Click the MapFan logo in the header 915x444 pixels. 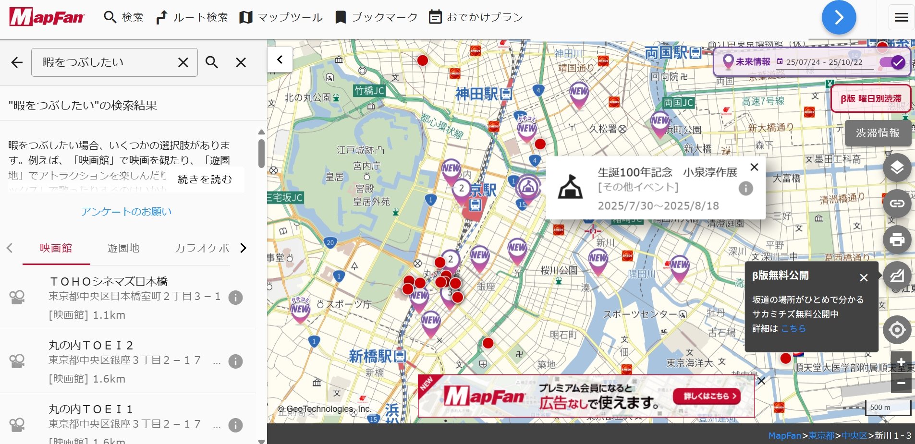click(x=47, y=17)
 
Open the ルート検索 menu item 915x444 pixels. click(x=192, y=17)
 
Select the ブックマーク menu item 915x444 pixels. click(x=377, y=17)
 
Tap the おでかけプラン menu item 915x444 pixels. click(x=476, y=17)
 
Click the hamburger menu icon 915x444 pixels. click(x=901, y=17)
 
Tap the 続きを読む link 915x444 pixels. click(x=205, y=180)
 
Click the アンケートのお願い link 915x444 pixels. click(x=126, y=212)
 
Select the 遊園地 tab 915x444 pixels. click(x=123, y=248)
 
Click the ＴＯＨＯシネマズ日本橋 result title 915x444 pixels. click(x=109, y=281)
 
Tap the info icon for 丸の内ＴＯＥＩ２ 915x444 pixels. click(x=235, y=361)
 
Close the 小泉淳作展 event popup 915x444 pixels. click(x=754, y=167)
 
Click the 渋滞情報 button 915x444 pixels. click(x=878, y=133)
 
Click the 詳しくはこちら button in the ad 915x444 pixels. click(x=706, y=396)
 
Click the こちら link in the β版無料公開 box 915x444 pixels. click(x=793, y=329)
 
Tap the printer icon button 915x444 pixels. click(x=897, y=239)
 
